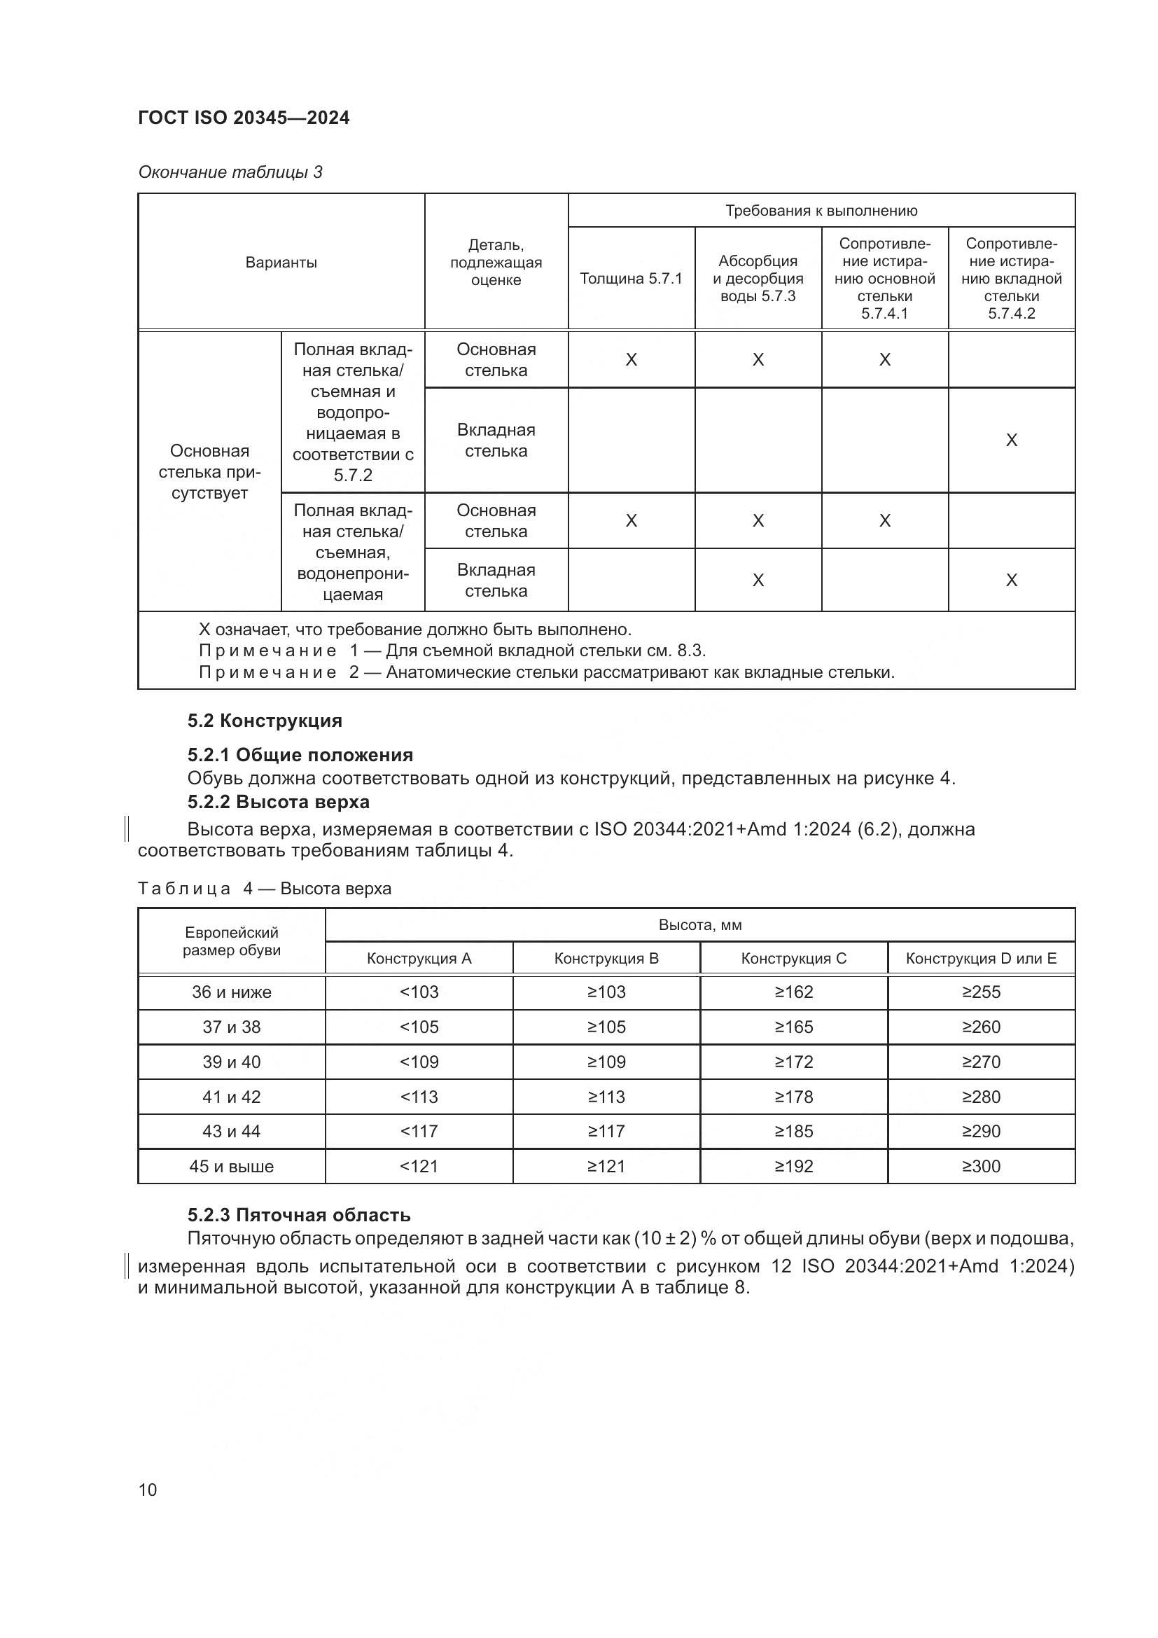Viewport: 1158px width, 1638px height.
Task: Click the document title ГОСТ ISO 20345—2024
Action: tap(243, 118)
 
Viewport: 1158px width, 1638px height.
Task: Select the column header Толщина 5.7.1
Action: tap(630, 278)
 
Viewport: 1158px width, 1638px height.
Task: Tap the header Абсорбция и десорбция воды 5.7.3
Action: tap(758, 278)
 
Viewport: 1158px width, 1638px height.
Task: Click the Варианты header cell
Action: tap(281, 262)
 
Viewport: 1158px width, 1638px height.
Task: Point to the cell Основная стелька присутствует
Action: tap(209, 471)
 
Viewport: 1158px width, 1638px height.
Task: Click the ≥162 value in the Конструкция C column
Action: tap(793, 992)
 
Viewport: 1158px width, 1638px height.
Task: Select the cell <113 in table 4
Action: tap(419, 1097)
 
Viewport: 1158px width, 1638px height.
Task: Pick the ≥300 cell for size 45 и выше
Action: tap(980, 1167)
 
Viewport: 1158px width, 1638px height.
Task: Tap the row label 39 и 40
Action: tap(231, 1062)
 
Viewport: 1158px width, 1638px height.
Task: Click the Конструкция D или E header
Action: tap(980, 958)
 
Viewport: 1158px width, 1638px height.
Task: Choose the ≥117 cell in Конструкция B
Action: tap(606, 1131)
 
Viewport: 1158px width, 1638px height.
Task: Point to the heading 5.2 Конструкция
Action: tap(265, 721)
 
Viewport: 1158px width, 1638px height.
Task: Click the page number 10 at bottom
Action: tap(148, 1490)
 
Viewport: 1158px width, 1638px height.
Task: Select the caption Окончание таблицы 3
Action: tap(230, 172)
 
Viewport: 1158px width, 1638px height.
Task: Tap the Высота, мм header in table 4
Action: tap(699, 925)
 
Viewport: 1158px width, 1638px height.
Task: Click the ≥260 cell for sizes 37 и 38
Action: tap(980, 1027)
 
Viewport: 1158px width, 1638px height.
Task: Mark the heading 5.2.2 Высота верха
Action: tap(278, 802)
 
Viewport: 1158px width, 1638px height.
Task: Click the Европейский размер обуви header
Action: tap(231, 941)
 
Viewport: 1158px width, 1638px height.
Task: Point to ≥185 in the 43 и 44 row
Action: tap(793, 1131)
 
